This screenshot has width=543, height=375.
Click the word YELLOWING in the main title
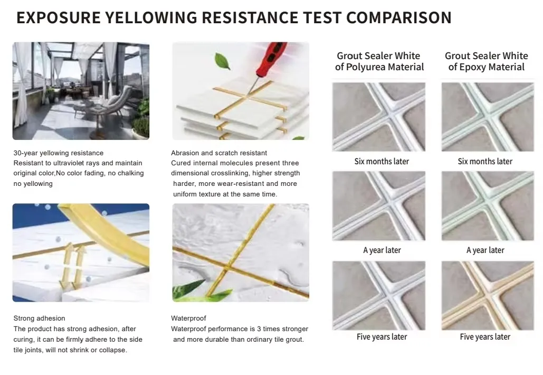tap(144, 17)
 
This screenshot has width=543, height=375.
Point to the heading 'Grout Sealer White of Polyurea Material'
tap(379, 61)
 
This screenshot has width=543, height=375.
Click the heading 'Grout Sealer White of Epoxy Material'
tap(486, 61)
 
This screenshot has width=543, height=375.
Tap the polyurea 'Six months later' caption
tap(382, 161)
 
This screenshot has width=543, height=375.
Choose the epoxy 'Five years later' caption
tap(485, 336)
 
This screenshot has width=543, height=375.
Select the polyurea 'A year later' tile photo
tap(379, 206)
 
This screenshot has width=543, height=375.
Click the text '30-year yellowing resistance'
tap(59, 153)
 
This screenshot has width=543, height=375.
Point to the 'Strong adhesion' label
tap(40, 318)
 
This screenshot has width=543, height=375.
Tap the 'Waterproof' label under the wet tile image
tap(188, 318)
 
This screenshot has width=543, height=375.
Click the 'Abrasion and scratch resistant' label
tap(219, 153)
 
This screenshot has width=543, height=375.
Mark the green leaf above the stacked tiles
tap(222, 61)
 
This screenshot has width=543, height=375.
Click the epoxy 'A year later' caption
tap(485, 250)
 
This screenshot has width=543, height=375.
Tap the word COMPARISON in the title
tap(398, 17)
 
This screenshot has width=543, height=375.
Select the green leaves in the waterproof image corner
tap(187, 289)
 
